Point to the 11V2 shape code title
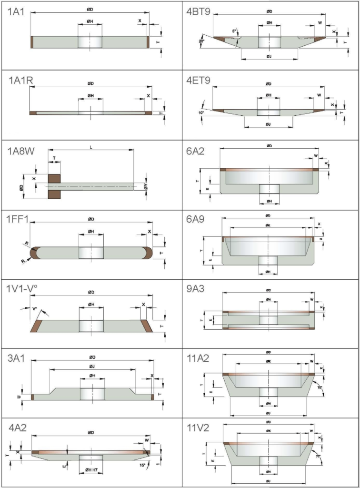(x=199, y=428)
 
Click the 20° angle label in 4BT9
(x=202, y=41)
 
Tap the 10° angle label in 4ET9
(x=202, y=112)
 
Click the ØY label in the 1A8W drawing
(x=146, y=190)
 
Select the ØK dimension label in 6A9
(x=268, y=225)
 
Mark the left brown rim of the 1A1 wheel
(x=31, y=42)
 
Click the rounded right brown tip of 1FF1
(x=149, y=252)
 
